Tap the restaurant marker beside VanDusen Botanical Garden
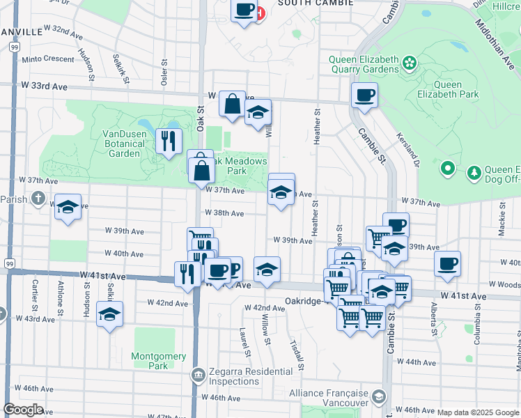point(169,141)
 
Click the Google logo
point(23,410)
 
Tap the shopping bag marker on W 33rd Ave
point(232,104)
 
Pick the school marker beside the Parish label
point(68,207)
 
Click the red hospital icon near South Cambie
point(260,13)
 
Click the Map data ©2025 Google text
point(478,412)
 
